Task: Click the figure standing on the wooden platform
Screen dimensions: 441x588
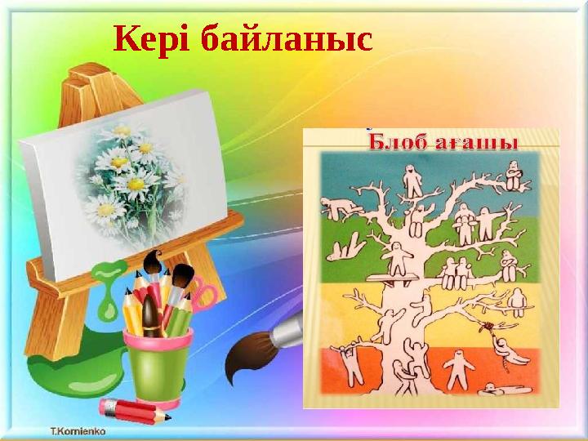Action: (395, 260)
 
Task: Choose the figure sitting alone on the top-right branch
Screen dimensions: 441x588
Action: (513, 176)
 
